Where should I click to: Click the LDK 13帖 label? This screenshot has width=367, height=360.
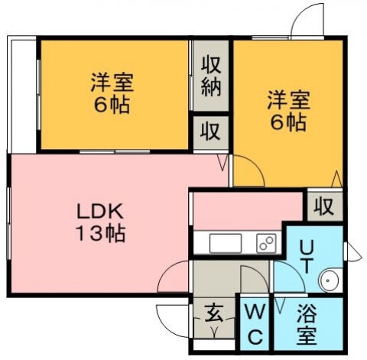(100, 222)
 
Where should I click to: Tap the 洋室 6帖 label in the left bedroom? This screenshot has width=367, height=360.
(112, 93)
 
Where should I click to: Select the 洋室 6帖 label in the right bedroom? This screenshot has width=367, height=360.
(288, 110)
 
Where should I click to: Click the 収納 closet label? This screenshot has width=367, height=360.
(211, 76)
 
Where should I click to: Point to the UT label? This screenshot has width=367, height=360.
(307, 257)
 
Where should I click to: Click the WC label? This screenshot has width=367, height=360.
(255, 323)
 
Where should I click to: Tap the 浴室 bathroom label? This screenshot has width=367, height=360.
(307, 323)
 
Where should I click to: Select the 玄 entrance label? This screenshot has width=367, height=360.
(214, 313)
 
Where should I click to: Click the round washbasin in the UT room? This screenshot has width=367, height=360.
(329, 281)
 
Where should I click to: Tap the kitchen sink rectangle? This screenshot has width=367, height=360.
(226, 243)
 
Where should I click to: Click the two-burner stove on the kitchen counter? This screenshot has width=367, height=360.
(266, 243)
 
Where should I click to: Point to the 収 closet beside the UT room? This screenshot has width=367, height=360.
(323, 206)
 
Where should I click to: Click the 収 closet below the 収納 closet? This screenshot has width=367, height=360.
(210, 131)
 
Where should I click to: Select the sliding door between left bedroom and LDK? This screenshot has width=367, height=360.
(115, 152)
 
